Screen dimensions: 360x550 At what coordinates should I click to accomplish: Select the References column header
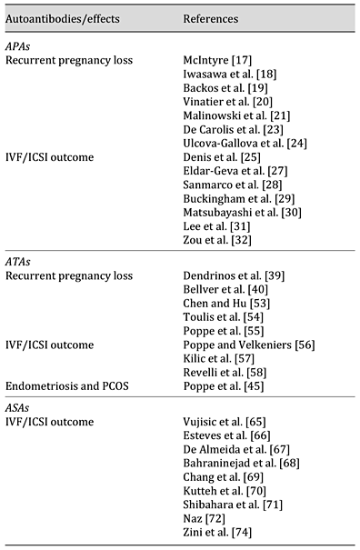(211, 18)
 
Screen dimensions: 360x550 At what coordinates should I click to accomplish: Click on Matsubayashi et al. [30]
(238, 212)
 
